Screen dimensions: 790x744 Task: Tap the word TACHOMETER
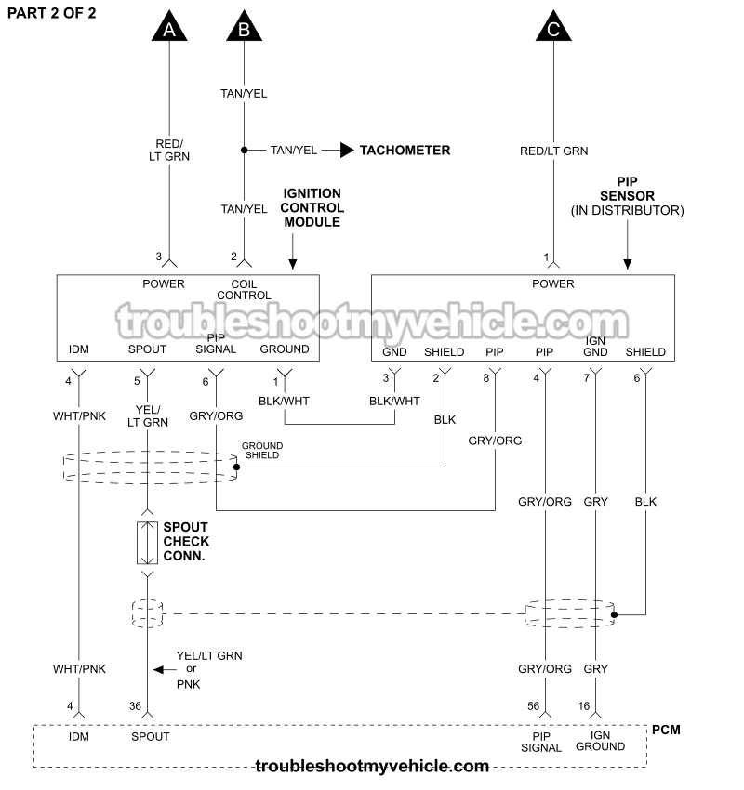pos(405,150)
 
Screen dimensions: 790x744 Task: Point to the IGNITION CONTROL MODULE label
pos(312,208)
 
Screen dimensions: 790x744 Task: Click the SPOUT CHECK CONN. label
pos(186,541)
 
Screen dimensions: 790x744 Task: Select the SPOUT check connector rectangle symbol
pos(147,543)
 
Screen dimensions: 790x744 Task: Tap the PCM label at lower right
pos(666,730)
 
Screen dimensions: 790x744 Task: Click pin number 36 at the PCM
pos(135,706)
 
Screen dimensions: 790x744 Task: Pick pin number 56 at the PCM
pos(534,706)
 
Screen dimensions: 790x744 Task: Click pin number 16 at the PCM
pos(582,706)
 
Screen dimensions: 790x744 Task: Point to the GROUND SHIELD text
pos(262,450)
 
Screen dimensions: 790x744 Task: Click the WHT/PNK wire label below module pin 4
pos(79,416)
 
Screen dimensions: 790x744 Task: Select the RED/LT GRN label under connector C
pos(553,151)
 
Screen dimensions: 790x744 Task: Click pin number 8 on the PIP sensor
pos(485,377)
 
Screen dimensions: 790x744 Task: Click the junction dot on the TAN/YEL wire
pos(244,150)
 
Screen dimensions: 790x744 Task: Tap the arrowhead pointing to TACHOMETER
pos(347,150)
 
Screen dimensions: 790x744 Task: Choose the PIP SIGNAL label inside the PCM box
pos(541,742)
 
